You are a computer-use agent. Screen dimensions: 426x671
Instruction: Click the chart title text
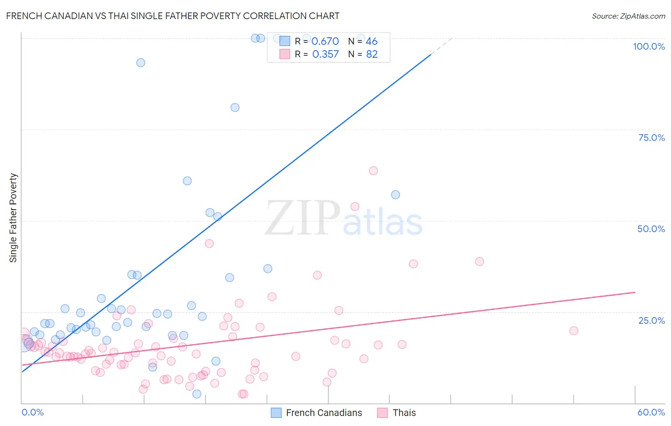172,16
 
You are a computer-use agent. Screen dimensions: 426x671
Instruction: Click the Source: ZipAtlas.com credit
628,16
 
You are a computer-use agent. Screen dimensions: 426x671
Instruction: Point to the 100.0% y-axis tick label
649,46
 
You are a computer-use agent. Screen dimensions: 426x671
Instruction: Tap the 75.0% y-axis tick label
651,138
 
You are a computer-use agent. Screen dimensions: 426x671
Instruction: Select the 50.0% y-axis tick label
651,229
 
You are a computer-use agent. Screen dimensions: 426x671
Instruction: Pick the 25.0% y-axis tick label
651,320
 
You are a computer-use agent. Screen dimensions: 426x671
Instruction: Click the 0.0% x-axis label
32,412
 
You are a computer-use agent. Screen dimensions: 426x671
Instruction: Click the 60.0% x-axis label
651,412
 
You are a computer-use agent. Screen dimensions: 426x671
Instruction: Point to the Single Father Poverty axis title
13,217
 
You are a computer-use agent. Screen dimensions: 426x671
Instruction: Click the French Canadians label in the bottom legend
324,413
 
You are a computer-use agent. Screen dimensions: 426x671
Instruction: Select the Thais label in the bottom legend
404,413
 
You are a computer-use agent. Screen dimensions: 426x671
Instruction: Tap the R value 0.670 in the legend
325,42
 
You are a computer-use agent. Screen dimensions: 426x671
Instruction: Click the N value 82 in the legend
372,54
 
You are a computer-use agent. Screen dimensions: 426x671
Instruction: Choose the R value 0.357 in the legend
325,54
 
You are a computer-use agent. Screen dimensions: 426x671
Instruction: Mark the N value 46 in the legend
371,42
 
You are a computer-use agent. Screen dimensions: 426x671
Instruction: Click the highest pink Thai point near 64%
373,170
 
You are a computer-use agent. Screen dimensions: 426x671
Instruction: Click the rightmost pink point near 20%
574,330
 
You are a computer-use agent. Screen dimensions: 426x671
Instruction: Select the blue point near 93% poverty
140,63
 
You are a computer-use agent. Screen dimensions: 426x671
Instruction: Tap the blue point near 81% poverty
235,107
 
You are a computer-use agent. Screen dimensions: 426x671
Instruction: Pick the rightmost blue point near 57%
395,194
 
